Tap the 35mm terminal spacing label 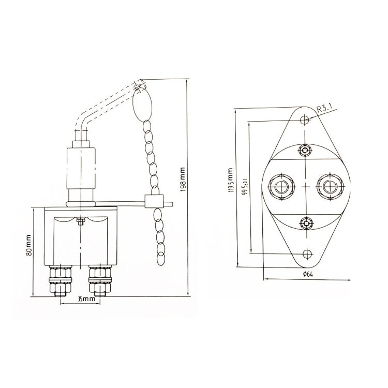(x=79, y=299)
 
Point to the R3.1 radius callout (x=327, y=109)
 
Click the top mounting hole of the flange (x=306, y=120)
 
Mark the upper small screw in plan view (x=306, y=151)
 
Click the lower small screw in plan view (x=306, y=223)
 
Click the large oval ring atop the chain (x=143, y=106)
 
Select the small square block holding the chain (x=152, y=201)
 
